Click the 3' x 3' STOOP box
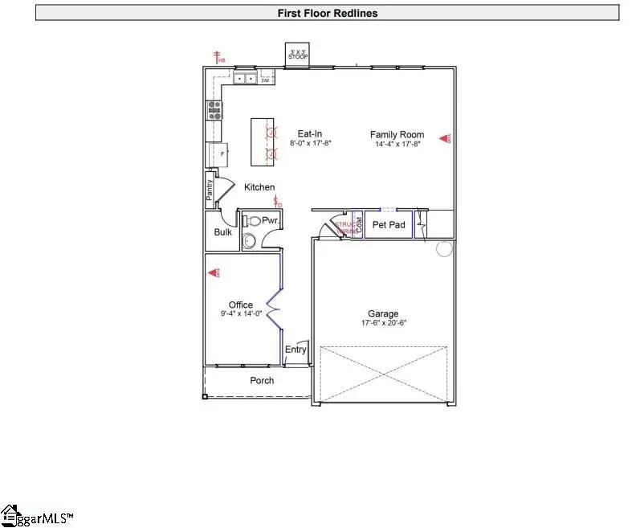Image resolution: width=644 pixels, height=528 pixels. pos(300,55)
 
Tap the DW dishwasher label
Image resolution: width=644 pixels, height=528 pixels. pos(264,80)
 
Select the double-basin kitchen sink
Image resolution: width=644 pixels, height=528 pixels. pos(245,79)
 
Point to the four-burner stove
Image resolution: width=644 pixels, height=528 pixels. pos(214,109)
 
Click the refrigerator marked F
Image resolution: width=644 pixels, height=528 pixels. pos(219,153)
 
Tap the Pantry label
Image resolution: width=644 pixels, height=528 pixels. pos(210,190)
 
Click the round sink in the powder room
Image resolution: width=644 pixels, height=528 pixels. pos(249,239)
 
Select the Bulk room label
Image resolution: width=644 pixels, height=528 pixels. pos(222,232)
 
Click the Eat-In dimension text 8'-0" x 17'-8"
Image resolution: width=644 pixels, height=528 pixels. pos(311,143)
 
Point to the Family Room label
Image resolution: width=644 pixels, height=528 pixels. pos(395,134)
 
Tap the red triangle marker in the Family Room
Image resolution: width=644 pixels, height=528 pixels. pos(444,138)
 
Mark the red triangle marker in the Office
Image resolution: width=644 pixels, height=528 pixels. pos(214,273)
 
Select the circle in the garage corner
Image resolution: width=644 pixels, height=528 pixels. pos(445,249)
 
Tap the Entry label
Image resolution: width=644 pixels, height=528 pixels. pos(296,350)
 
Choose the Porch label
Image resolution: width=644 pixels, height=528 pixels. pos(262,380)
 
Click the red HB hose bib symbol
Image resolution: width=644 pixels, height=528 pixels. pos(218,57)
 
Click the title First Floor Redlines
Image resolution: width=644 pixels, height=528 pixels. pos(327,13)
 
